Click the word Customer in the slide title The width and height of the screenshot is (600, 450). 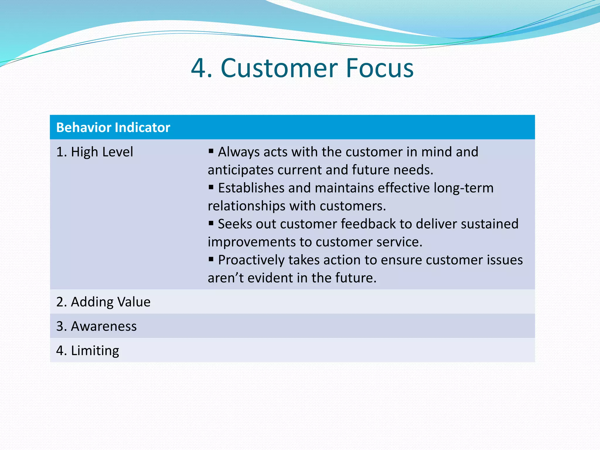tap(279, 68)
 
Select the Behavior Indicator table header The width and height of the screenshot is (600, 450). tap(113, 127)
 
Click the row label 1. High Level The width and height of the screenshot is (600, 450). tap(95, 152)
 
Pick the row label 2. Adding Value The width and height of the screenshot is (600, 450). tap(103, 302)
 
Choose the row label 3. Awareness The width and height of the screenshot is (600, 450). tap(96, 326)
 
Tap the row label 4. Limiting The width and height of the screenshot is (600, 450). tap(88, 350)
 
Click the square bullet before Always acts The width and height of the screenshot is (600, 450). tap(211, 151)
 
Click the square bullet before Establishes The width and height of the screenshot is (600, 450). tap(211, 187)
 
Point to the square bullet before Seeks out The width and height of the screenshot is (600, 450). tap(211, 223)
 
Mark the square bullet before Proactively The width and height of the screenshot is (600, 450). tap(211, 259)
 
